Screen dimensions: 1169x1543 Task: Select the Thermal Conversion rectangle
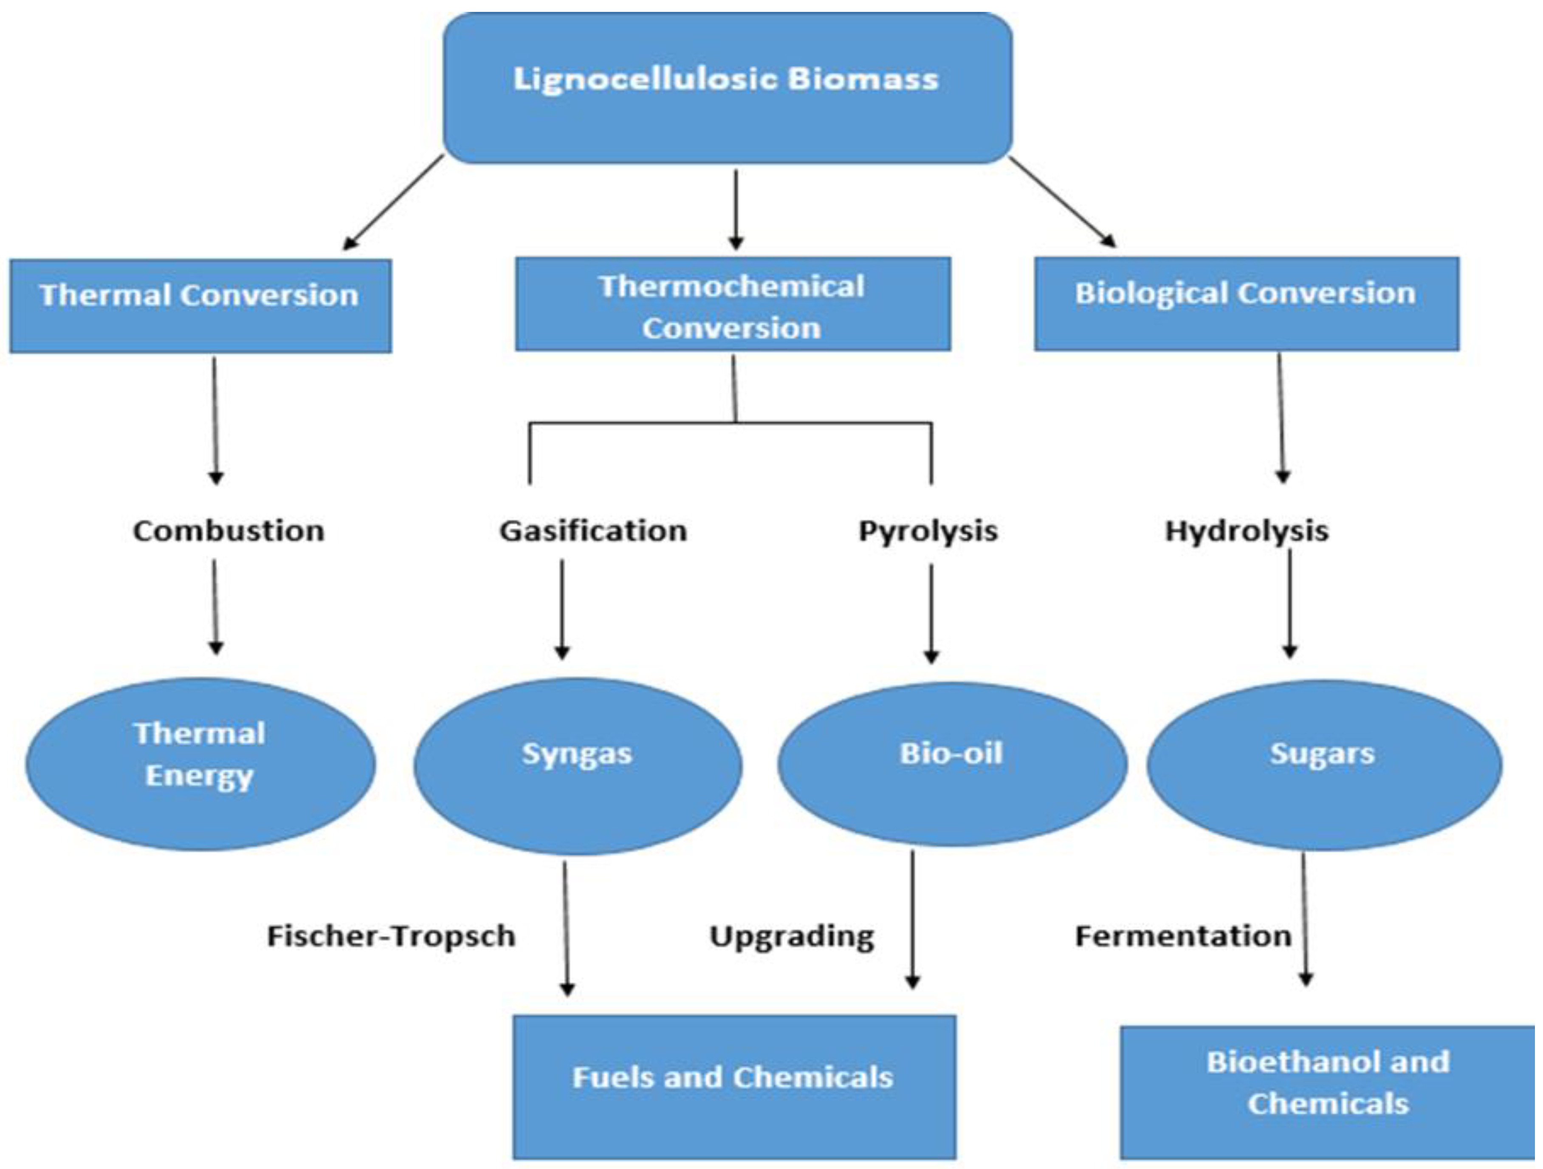tap(200, 305)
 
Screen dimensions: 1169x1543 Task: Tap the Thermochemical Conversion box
tap(733, 304)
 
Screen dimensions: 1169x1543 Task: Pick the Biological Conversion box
tap(1246, 303)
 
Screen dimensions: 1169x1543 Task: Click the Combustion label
tap(229, 531)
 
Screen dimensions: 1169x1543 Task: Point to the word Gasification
tap(593, 531)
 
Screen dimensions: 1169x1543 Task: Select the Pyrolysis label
tap(928, 531)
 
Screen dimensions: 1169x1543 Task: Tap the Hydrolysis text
tap(1247, 531)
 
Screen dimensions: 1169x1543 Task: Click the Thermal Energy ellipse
tap(200, 765)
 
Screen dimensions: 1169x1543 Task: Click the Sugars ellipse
tap(1324, 765)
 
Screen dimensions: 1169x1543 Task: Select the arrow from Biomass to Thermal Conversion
tap(394, 202)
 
